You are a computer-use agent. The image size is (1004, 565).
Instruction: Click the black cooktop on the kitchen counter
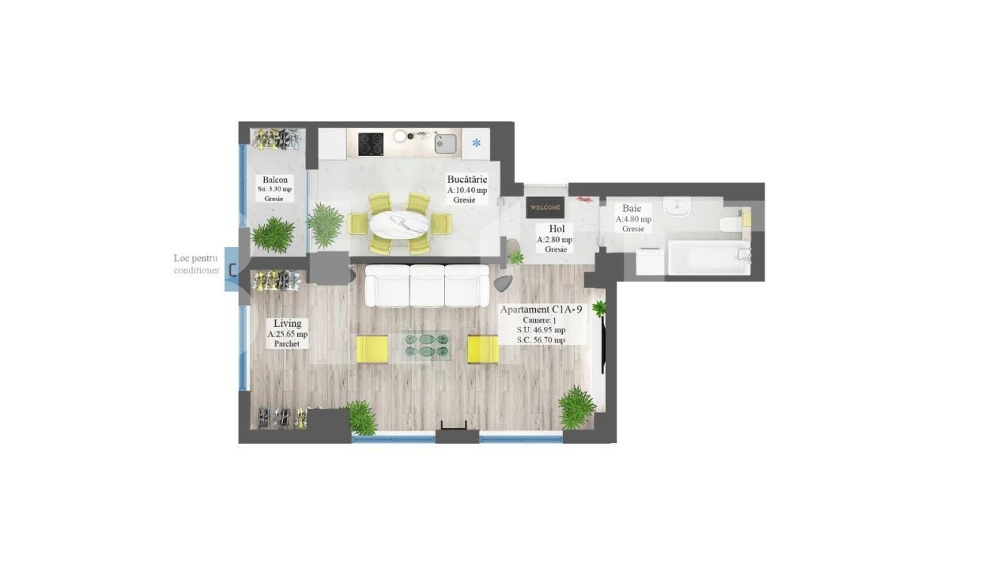click(x=371, y=144)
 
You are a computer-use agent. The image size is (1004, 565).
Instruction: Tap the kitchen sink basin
click(x=445, y=143)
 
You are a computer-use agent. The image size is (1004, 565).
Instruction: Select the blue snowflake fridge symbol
click(x=476, y=143)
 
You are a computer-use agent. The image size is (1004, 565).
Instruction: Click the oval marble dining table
click(x=399, y=224)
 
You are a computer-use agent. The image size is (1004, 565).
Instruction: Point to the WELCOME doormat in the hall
click(x=545, y=207)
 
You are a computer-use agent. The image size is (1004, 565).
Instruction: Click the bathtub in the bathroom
click(x=708, y=258)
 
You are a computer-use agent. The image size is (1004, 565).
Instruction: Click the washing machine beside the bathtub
click(x=651, y=261)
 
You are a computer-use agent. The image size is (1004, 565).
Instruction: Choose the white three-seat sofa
click(x=427, y=286)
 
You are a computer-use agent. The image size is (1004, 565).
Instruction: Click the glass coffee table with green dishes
click(x=426, y=345)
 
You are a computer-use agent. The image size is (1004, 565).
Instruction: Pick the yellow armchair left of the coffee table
click(x=372, y=348)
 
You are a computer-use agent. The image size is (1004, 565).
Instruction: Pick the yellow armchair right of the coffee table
click(x=482, y=348)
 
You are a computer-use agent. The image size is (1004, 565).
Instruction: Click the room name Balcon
click(x=275, y=180)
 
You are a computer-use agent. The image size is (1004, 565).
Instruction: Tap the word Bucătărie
click(x=466, y=179)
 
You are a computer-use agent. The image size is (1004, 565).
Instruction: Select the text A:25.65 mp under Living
click(x=287, y=334)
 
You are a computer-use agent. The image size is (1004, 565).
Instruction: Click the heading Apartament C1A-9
click(x=541, y=309)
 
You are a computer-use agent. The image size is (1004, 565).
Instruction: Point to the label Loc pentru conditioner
click(x=196, y=264)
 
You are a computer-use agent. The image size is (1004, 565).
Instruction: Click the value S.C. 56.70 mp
click(x=541, y=339)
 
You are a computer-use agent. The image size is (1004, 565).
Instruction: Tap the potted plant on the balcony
click(x=274, y=234)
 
